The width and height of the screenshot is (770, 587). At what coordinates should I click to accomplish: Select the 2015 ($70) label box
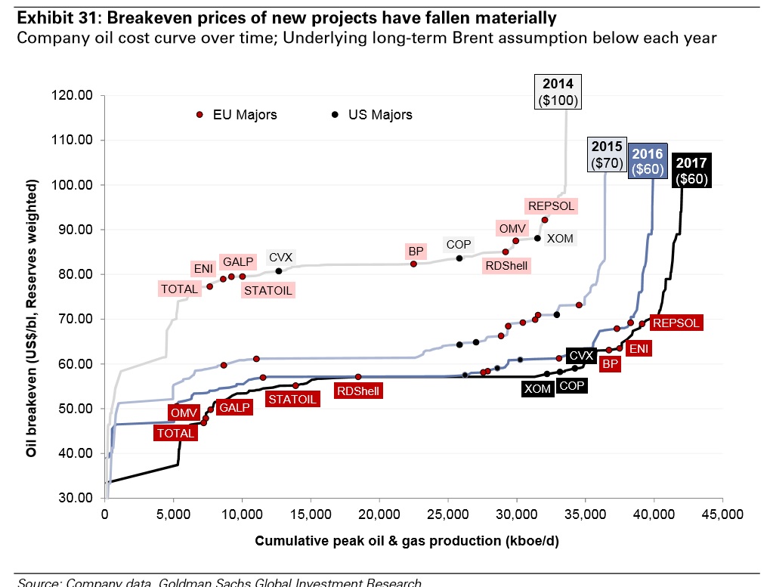tap(605, 154)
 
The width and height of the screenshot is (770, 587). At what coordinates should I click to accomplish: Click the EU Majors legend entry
tap(237, 115)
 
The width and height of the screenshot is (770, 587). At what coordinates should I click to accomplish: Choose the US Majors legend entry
tap(373, 115)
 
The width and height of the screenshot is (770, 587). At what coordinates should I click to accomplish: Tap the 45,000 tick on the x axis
tap(722, 515)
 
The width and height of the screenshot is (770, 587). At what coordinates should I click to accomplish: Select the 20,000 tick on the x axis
tap(379, 515)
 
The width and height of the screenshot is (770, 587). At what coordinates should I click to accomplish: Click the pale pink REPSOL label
tap(551, 205)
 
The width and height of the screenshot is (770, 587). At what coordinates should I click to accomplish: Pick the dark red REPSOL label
tap(677, 323)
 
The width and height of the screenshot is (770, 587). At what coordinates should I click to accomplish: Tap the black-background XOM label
tap(537, 388)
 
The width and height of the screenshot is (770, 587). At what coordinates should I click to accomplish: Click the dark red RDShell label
tap(358, 391)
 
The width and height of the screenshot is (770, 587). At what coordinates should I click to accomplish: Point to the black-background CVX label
tap(581, 355)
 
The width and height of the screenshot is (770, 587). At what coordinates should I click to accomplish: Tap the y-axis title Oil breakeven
tap(32, 317)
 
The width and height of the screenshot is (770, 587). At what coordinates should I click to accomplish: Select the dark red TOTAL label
tap(175, 433)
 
